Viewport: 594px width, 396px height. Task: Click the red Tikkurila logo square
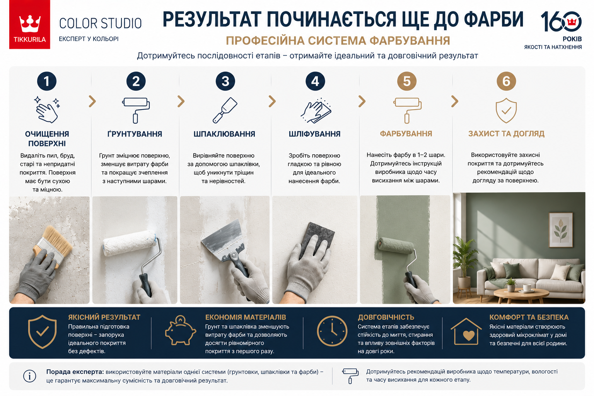click(30, 24)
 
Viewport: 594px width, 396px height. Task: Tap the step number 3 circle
click(225, 81)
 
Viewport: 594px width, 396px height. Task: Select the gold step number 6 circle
click(506, 81)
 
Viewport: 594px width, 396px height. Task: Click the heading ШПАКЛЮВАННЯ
click(224, 134)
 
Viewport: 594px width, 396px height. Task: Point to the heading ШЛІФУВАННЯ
click(314, 134)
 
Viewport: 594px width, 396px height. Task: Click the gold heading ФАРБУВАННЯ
click(406, 134)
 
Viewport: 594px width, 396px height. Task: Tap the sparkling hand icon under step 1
click(47, 110)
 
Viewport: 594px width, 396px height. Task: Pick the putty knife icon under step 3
click(225, 110)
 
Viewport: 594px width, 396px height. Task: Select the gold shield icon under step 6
click(506, 111)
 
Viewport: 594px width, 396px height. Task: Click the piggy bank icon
click(180, 330)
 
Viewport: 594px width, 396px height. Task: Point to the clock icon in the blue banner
click(332, 331)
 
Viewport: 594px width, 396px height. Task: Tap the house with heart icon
click(466, 331)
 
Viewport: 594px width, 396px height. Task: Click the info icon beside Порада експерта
click(30, 376)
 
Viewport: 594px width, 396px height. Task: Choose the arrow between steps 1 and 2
click(92, 101)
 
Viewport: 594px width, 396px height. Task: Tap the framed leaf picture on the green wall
click(561, 230)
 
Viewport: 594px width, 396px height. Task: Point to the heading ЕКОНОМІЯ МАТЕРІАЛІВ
click(246, 317)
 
